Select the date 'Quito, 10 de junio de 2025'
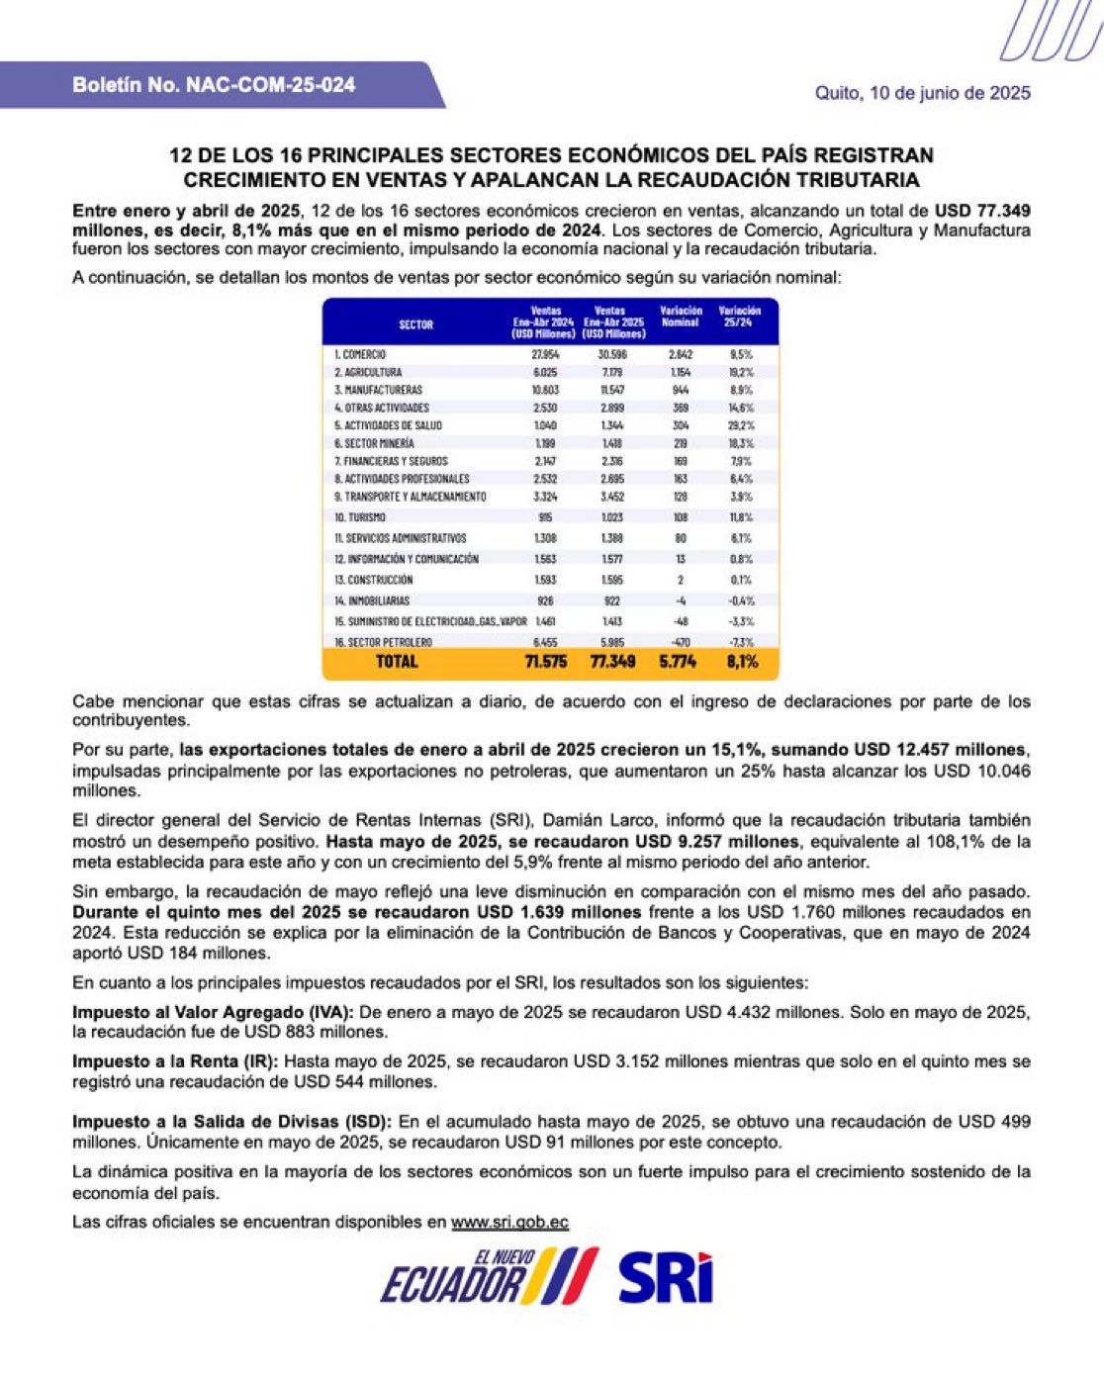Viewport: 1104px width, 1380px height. (x=922, y=93)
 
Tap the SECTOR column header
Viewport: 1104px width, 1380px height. (x=415, y=324)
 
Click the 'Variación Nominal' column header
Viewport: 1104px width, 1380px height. (x=681, y=317)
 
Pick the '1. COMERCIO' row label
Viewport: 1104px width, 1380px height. (x=360, y=354)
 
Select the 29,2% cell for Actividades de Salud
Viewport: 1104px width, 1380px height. (x=740, y=425)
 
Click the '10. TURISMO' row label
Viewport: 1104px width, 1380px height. (x=360, y=517)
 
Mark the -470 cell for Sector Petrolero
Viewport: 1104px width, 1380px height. (x=681, y=642)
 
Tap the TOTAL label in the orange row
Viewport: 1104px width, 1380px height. (x=398, y=662)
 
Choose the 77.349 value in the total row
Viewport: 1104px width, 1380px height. (x=613, y=662)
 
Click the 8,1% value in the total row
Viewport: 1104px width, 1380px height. (x=742, y=662)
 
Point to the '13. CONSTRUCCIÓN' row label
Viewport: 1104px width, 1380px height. (x=373, y=580)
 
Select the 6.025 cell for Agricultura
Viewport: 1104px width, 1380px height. (x=545, y=372)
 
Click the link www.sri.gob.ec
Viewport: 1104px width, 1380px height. (x=509, y=1222)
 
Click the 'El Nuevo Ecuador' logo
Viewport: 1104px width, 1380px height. (x=489, y=1277)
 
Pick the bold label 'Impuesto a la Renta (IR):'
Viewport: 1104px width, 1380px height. (x=174, y=1061)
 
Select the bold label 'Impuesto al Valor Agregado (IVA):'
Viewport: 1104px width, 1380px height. (x=213, y=1013)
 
